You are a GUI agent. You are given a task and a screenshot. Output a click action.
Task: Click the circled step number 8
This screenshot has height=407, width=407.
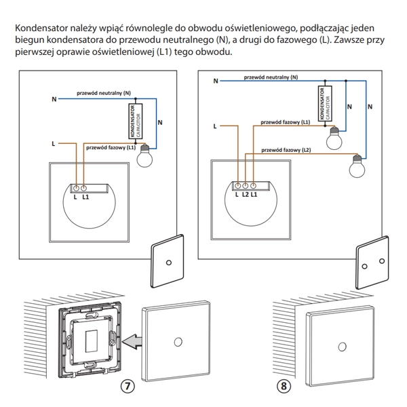click(x=284, y=387)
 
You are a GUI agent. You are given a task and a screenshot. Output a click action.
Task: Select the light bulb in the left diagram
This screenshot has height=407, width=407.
click(x=144, y=157)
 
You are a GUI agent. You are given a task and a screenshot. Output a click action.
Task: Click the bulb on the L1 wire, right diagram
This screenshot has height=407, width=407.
click(x=333, y=139)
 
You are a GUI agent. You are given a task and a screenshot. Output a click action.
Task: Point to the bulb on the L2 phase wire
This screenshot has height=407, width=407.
click(x=357, y=163)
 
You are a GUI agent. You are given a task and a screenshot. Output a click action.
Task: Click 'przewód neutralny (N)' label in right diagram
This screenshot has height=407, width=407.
click(x=272, y=78)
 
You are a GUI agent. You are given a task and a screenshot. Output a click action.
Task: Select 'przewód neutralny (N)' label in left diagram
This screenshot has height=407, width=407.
click(x=104, y=92)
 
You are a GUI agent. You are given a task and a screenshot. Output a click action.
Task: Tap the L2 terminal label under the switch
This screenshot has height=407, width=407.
click(x=245, y=195)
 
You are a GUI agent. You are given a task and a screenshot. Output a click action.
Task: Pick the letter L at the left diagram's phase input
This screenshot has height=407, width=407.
click(x=53, y=144)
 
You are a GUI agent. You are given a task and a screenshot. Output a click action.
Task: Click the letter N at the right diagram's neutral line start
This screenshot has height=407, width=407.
click(x=215, y=81)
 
